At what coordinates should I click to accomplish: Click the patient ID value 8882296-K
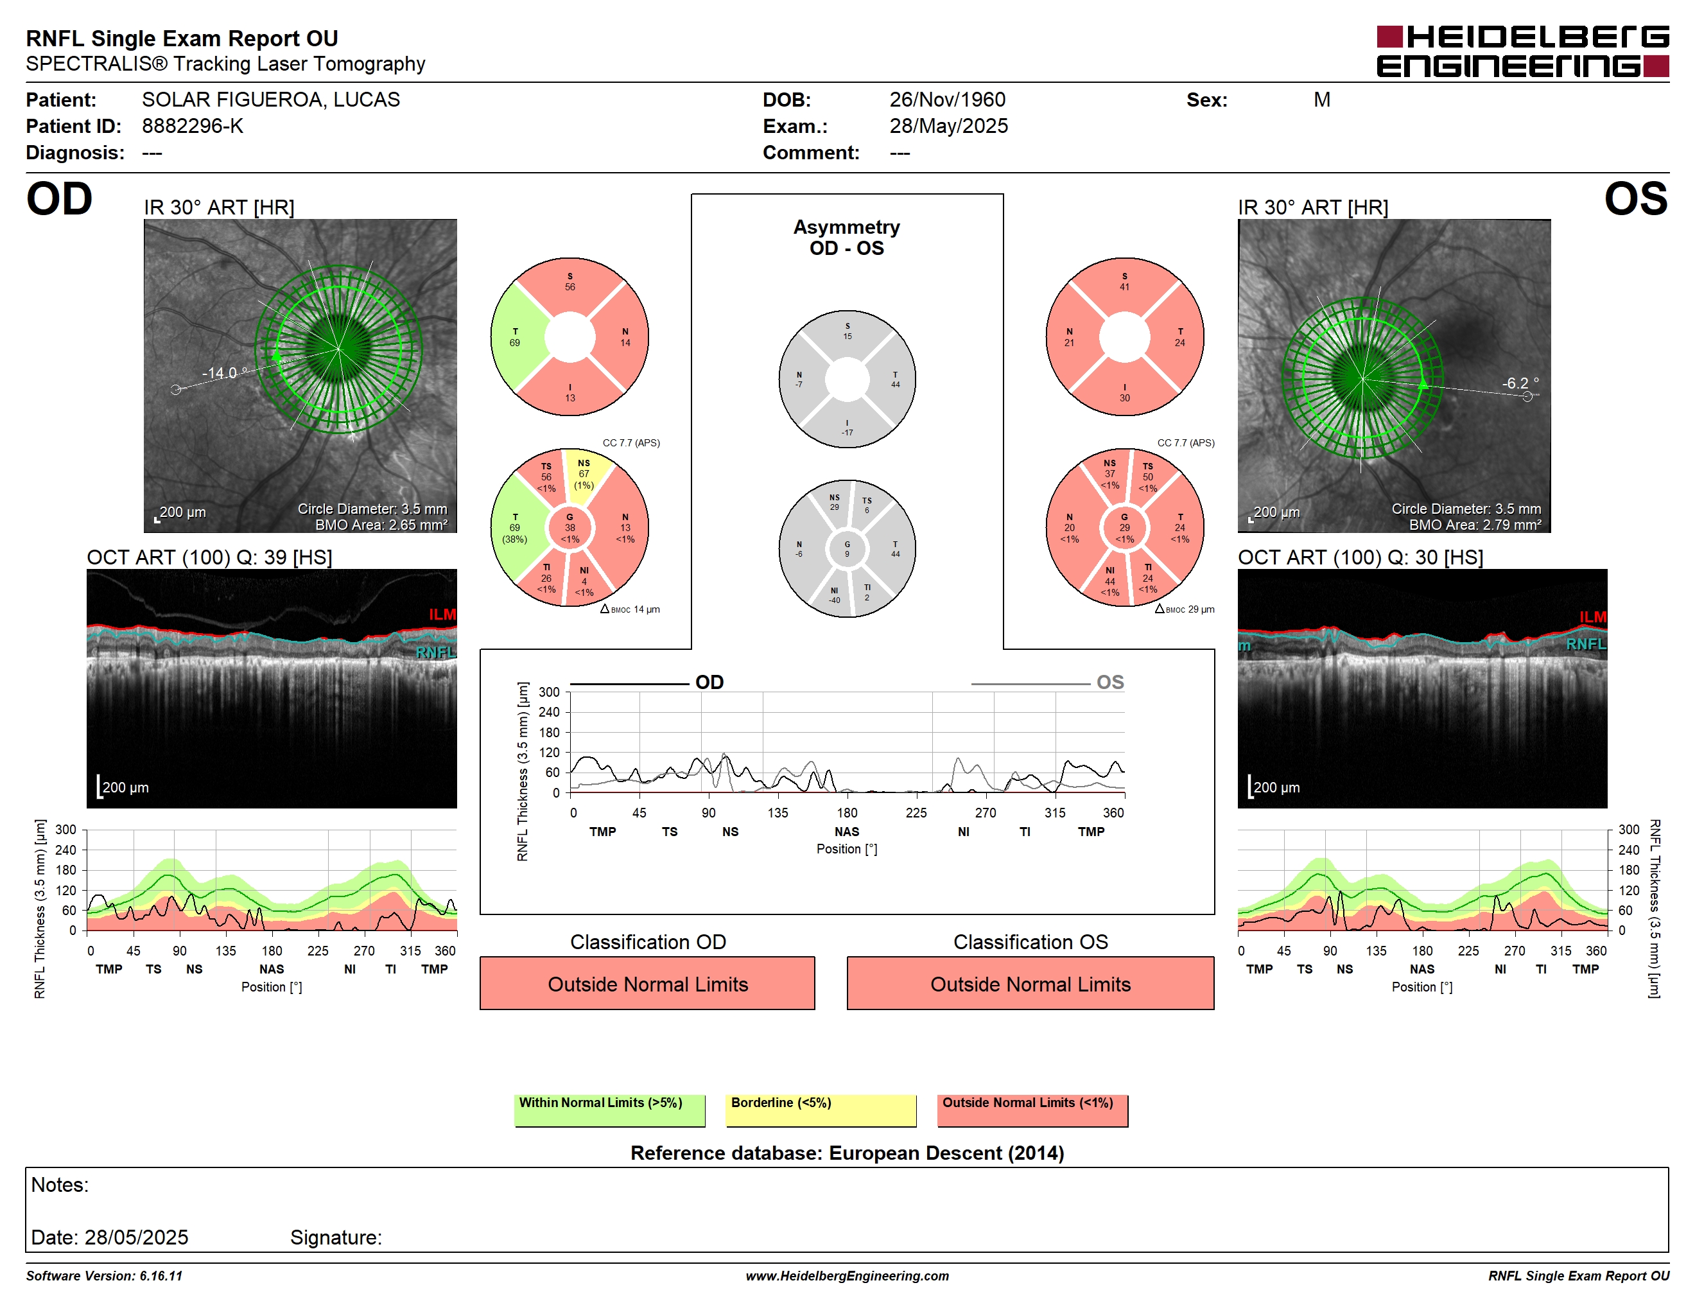[193, 126]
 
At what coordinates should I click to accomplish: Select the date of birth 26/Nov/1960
[947, 100]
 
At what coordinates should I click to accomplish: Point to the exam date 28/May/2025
[948, 126]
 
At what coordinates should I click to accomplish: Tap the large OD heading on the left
[59, 200]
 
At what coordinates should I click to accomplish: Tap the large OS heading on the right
[1636, 200]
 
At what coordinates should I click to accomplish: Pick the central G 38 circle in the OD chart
[569, 528]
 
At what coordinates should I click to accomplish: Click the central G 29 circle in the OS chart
[1125, 528]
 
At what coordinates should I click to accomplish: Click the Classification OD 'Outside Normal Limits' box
[647, 983]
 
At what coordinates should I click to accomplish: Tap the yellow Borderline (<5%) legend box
[821, 1110]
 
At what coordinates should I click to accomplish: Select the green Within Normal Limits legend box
[609, 1110]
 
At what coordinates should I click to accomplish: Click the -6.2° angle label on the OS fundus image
[1520, 383]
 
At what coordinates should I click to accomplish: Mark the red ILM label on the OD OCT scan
[442, 615]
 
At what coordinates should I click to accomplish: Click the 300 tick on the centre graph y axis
[549, 692]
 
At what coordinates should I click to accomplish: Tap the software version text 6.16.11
[161, 1276]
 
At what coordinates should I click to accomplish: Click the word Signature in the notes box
[336, 1237]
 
